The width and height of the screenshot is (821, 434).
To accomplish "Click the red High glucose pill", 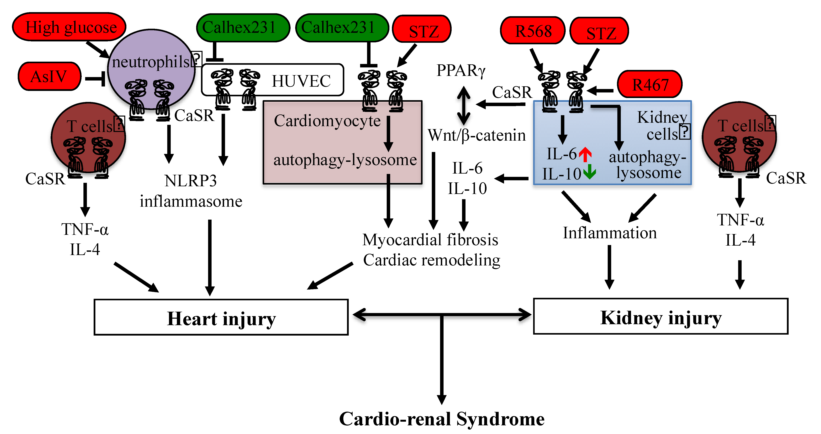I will click(x=69, y=27).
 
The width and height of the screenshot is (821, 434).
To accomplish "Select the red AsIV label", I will click(x=49, y=76).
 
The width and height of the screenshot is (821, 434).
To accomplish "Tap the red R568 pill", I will click(x=533, y=31).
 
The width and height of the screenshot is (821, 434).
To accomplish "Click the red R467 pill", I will click(x=650, y=84).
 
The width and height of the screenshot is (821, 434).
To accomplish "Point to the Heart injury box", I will click(x=221, y=317).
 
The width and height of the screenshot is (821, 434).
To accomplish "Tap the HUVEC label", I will click(x=301, y=81).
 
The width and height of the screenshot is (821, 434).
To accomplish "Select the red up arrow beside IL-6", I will click(x=585, y=154).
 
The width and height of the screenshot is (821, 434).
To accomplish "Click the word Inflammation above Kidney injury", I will click(x=609, y=233).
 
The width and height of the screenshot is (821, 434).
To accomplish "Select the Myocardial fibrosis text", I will click(x=430, y=240).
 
